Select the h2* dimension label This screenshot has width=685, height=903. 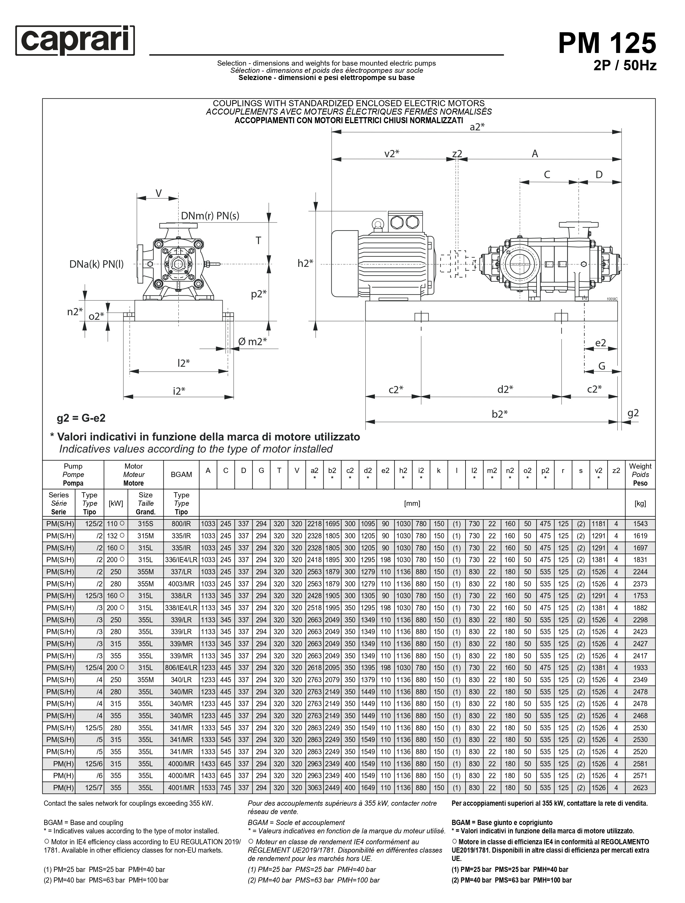305,263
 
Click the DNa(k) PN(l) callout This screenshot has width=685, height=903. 96,264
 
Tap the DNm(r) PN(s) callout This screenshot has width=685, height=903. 210,216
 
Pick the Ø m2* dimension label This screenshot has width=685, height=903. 253,341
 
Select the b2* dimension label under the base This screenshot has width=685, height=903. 499,414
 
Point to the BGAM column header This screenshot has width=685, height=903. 181,474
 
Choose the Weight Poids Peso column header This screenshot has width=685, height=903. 640,474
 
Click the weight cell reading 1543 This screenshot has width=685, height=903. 640,524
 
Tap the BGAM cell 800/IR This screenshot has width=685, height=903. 181,524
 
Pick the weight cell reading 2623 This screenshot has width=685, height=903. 640,788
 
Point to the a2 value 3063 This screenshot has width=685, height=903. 314,788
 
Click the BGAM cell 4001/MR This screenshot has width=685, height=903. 181,788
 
